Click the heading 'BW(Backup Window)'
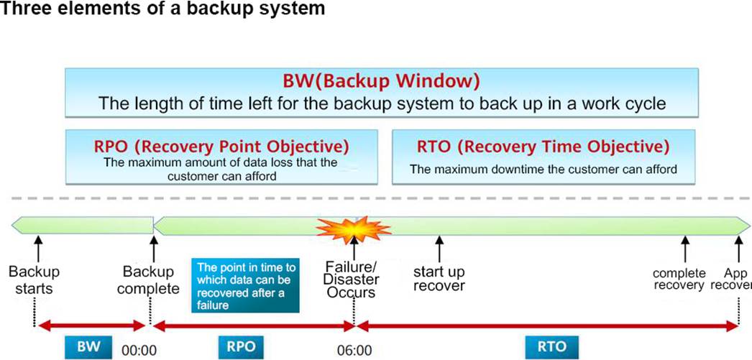coord(381,81)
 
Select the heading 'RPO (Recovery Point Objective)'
coord(221,146)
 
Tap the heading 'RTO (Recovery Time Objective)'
coord(542,146)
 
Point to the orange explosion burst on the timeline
coord(354,230)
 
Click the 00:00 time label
coord(139,351)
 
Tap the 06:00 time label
coord(354,351)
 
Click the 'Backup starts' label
coord(34,280)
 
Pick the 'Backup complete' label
coord(149,280)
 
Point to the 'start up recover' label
coord(439,279)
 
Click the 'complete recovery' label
coord(679,280)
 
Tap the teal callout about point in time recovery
coord(245,286)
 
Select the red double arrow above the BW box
coord(92,326)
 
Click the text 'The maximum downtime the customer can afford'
coord(543,169)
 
